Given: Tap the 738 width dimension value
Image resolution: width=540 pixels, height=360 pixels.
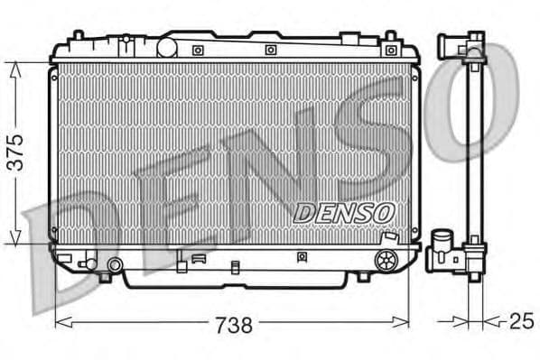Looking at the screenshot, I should tap(232, 322).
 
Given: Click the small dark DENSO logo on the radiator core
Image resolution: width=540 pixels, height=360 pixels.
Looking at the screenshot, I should tap(345, 211).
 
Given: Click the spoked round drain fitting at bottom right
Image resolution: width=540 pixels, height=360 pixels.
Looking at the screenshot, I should tap(386, 261).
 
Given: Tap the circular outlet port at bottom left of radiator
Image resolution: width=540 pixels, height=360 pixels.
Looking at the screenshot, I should tap(115, 265).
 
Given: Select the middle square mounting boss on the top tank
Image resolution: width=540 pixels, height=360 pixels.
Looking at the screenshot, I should tap(270, 50).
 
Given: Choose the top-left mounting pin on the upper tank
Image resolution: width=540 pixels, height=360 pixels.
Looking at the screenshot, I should tap(78, 37).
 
